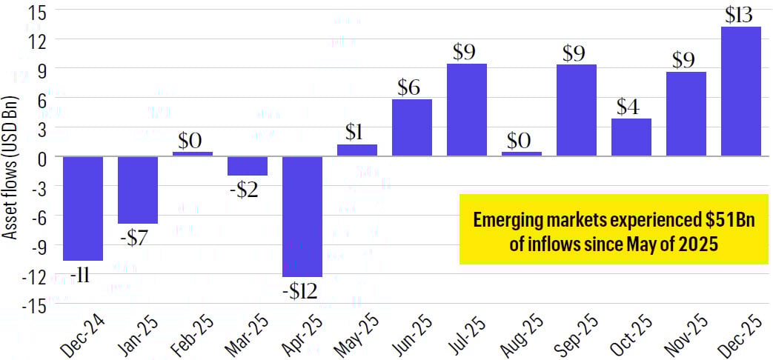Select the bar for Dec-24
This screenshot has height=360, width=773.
click(83, 208)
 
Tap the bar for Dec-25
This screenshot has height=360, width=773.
click(740, 92)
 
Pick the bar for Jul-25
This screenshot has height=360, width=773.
click(467, 110)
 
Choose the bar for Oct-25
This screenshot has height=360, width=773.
click(631, 138)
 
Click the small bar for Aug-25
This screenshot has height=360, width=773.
click(522, 154)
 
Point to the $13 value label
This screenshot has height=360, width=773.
click(741, 14)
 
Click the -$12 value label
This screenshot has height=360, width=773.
click(300, 291)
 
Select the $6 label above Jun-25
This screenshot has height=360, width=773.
click(410, 87)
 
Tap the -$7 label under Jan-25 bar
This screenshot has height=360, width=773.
click(137, 238)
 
